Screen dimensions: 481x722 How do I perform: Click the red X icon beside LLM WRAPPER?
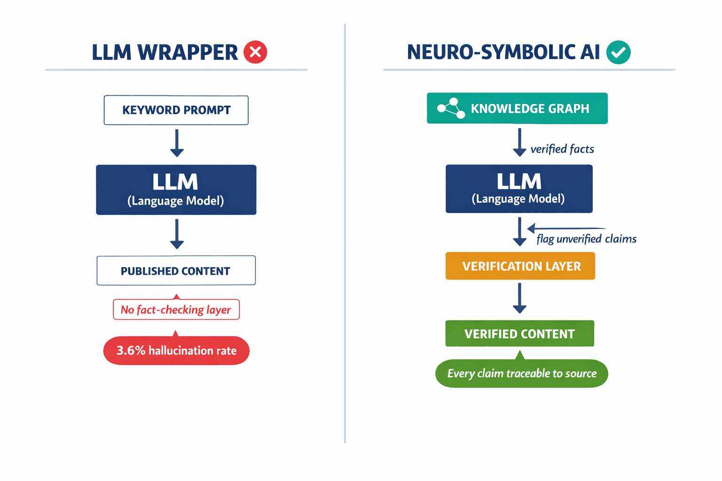tap(255, 52)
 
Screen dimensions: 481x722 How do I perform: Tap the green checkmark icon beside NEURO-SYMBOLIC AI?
tap(618, 52)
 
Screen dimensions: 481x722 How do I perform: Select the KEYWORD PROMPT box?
tap(176, 110)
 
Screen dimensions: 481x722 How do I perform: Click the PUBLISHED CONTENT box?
tap(176, 271)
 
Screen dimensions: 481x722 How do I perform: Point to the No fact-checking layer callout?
tap(176, 310)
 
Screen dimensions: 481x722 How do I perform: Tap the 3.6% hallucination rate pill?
tap(176, 350)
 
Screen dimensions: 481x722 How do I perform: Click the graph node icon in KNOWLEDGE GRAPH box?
tap(451, 109)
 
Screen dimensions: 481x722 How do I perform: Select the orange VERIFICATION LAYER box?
tap(520, 266)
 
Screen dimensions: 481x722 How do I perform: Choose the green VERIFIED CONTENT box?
tap(520, 334)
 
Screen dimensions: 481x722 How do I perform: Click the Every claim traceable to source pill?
tap(522, 373)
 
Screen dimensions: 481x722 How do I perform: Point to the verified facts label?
tap(562, 149)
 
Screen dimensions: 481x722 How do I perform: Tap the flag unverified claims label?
tap(586, 239)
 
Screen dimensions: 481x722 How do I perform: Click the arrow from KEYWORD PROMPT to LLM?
tap(177, 143)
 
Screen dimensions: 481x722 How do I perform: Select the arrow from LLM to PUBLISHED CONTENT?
tap(177, 234)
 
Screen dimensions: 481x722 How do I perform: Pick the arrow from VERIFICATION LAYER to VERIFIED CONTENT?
tap(519, 298)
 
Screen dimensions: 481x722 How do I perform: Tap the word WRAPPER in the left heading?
tap(188, 52)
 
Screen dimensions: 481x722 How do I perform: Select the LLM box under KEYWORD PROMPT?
tap(176, 190)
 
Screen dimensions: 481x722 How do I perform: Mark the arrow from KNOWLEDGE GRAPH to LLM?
tap(519, 142)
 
